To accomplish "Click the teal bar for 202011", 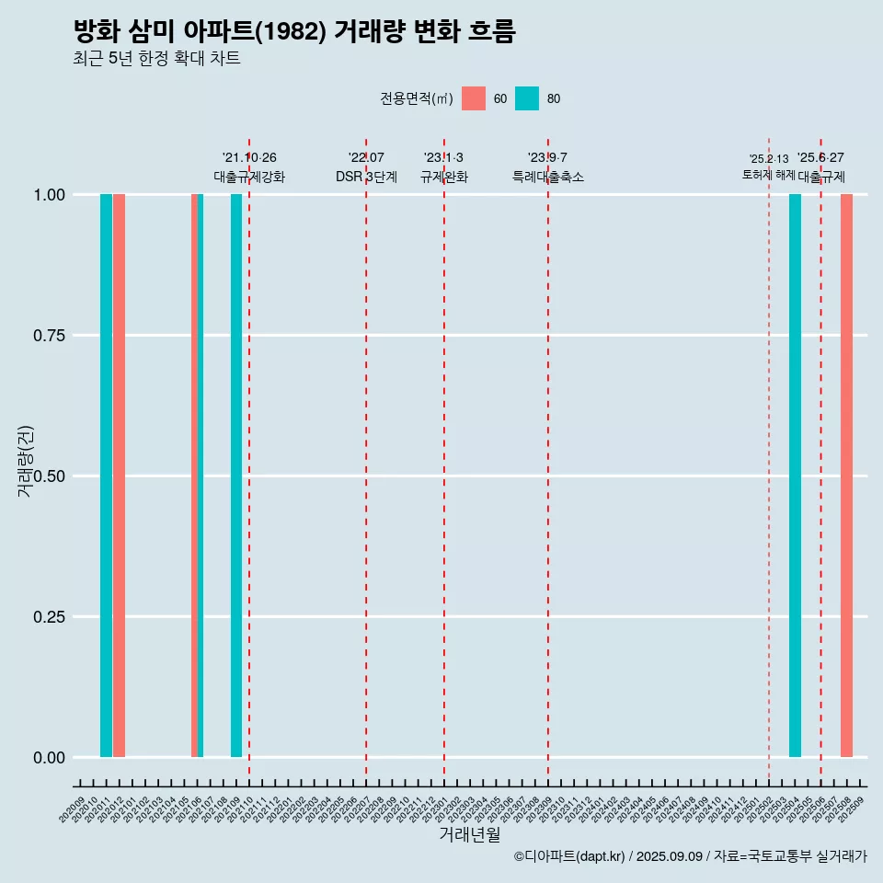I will [106, 476].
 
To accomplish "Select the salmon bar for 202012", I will [120, 476].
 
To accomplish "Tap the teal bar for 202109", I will [236, 476].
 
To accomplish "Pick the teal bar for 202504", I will [795, 476].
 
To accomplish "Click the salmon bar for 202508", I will [846, 476].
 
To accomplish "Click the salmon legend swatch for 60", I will [474, 98].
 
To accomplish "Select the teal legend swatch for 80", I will [527, 98].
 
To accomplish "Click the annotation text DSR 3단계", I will [366, 178].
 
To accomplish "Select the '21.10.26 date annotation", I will [249, 157].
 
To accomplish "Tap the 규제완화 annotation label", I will [444, 178].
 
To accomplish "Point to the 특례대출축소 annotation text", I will [548, 178].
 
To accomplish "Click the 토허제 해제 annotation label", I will [768, 175].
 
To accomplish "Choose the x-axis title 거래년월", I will [470, 834].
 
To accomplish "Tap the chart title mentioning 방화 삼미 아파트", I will [294, 31].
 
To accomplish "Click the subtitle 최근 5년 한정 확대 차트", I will [156, 59].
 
